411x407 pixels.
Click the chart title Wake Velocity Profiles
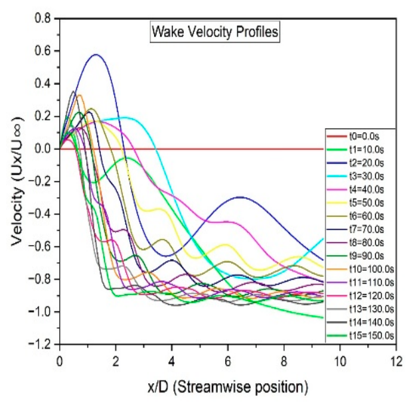pos(215,33)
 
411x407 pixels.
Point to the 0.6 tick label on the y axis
pos(42,50)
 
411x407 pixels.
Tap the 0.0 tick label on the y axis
pos(42,149)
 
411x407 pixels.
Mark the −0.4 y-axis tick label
pos(40,214)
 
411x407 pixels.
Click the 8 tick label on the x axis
pos(284,362)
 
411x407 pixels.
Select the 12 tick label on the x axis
pos(396,362)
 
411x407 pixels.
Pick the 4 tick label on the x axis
pos(171,362)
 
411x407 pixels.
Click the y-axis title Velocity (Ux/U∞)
pos(17,181)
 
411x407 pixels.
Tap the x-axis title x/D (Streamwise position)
pos(228,387)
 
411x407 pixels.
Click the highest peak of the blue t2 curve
pos(96,54)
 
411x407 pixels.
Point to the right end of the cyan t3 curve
pos(323,239)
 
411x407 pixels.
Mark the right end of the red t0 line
pos(323,149)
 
